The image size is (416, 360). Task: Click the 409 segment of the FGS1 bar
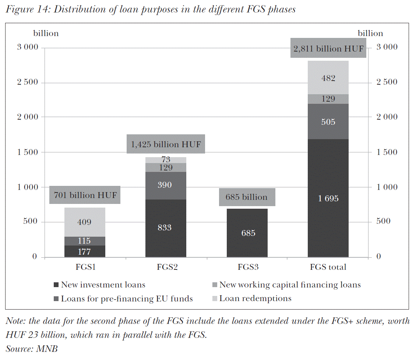pyautogui.click(x=85, y=222)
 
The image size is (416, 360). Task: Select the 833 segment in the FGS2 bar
pyautogui.click(x=166, y=228)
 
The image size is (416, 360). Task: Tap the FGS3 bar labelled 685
pyautogui.click(x=247, y=233)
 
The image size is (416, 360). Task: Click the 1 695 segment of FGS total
pyautogui.click(x=328, y=198)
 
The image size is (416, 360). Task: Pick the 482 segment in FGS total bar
pyautogui.click(x=328, y=78)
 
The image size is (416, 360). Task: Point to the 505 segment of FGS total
pyautogui.click(x=328, y=122)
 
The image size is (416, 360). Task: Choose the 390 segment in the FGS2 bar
pyautogui.click(x=166, y=185)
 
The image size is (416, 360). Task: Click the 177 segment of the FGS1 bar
pyautogui.click(x=85, y=252)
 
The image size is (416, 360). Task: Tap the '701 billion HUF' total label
pyautogui.click(x=85, y=195)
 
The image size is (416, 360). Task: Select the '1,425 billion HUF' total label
pyautogui.click(x=166, y=144)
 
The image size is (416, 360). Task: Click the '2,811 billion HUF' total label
pyautogui.click(x=328, y=48)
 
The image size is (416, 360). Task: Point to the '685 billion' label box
pyautogui.click(x=247, y=197)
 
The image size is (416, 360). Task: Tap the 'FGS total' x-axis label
pyautogui.click(x=328, y=267)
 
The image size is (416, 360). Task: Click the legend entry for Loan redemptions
pyautogui.click(x=255, y=299)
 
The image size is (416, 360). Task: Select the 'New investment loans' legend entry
pyautogui.click(x=103, y=285)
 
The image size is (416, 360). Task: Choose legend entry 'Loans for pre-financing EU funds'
pyautogui.click(x=127, y=299)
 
